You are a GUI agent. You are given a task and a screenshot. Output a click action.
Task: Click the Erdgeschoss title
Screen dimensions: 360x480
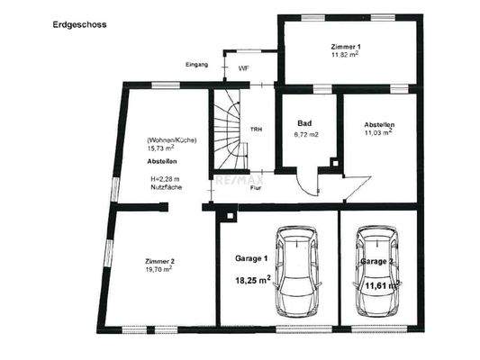[79, 25]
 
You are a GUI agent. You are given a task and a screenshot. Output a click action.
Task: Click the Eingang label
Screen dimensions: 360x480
[196, 66]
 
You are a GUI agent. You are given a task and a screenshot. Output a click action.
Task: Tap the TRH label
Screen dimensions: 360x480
[257, 130]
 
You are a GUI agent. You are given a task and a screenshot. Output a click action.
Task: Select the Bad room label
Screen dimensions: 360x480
[303, 123]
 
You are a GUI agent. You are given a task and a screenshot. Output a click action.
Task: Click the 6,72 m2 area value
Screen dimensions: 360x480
[307, 134]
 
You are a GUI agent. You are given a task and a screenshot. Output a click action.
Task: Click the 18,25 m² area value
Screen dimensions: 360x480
[253, 280]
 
